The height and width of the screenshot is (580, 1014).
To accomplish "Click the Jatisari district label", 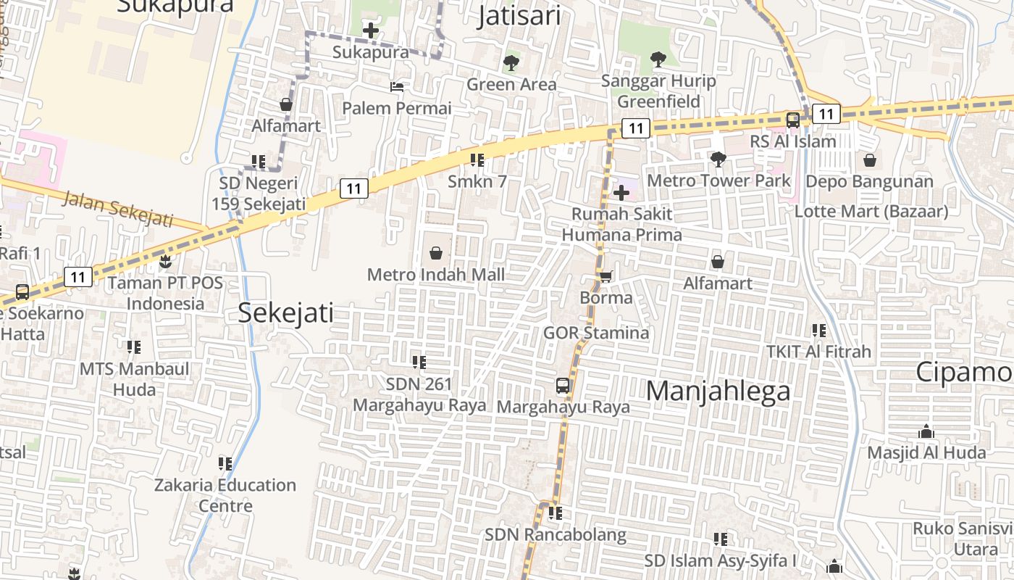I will (x=519, y=15).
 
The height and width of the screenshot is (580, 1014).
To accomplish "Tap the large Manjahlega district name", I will (x=718, y=391).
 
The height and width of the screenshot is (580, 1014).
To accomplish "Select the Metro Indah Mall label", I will (x=436, y=275).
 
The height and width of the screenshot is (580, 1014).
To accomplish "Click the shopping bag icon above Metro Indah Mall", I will (x=436, y=253).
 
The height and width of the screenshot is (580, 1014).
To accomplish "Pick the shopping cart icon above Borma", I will (x=606, y=276).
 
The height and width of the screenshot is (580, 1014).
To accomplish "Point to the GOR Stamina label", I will (x=596, y=333).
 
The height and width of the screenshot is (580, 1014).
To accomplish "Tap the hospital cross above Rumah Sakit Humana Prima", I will (x=621, y=193).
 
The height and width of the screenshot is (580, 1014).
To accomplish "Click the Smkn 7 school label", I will (x=477, y=181).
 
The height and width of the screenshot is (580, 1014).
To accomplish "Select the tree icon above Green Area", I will (x=511, y=63).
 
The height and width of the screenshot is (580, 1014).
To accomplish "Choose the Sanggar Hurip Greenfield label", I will (x=658, y=91).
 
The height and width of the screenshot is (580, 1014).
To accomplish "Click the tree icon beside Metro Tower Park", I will (x=718, y=159).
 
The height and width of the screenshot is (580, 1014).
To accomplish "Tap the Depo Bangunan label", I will (x=870, y=181).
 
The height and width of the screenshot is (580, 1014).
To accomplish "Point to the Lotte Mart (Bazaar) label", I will (x=871, y=212).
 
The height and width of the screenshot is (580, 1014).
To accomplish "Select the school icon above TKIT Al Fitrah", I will (x=819, y=331).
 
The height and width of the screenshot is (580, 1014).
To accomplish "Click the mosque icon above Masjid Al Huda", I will (x=926, y=432).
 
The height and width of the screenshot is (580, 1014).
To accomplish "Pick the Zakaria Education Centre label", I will (x=225, y=495).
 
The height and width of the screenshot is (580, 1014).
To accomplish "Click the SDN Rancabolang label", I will (x=555, y=535).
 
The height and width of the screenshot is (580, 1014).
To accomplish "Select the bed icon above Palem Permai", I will (x=397, y=87).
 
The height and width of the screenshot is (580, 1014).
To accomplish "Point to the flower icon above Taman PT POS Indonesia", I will (x=166, y=261).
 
